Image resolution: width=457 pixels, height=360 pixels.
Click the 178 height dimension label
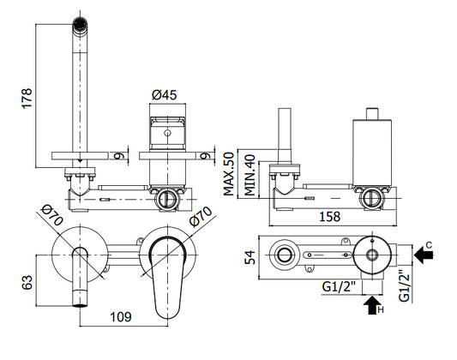tap(27, 99)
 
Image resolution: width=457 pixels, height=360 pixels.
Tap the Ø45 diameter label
tap(165, 95)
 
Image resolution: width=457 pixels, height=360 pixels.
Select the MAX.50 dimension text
tap(229, 174)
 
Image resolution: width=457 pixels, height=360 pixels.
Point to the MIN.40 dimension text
tap(250, 175)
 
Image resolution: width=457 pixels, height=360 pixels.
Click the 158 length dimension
tap(329, 217)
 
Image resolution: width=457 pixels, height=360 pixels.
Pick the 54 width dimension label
tap(250, 257)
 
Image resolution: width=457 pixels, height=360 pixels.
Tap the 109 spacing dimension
tap(120, 317)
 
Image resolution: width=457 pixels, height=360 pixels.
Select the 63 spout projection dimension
tap(27, 283)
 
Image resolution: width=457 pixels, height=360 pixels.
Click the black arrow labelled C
tap(424, 255)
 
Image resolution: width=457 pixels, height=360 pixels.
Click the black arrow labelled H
tap(372, 305)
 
